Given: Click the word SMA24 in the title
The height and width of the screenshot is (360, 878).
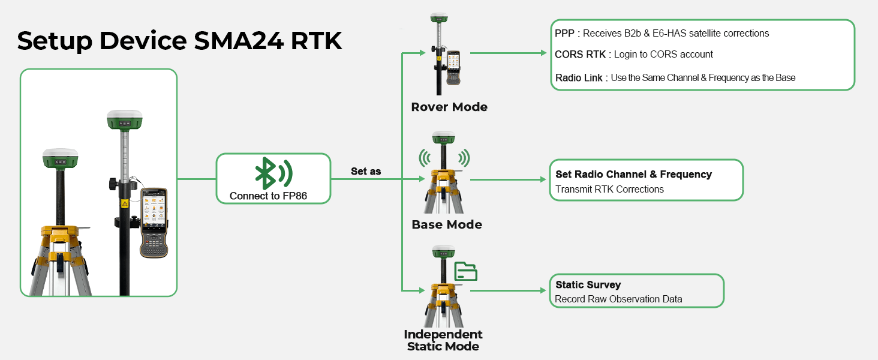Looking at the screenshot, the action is (x=238, y=41).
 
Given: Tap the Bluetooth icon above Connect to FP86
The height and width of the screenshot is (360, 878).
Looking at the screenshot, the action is (x=273, y=173).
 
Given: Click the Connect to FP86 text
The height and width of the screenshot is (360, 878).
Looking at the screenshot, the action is (x=268, y=196).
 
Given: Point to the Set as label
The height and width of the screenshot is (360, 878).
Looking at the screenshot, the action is (x=366, y=172).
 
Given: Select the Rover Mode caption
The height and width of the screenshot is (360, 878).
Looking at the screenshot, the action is (x=449, y=107).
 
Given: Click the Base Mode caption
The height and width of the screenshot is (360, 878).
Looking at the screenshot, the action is (x=447, y=224).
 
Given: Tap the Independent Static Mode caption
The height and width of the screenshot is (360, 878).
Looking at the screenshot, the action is (x=443, y=340).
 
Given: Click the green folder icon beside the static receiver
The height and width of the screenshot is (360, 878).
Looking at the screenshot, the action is (x=465, y=271).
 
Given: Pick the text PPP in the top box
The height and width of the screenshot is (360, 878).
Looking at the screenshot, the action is (x=564, y=34).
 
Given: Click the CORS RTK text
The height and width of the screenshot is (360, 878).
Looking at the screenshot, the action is (x=580, y=54).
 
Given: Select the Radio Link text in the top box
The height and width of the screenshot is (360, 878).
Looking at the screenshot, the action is (x=579, y=77).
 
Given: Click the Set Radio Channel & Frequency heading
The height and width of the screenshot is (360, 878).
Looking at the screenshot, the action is (x=633, y=174).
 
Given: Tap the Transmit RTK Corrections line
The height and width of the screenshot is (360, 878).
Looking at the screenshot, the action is (x=609, y=189).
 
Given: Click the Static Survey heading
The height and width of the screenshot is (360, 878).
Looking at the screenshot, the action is (x=588, y=285).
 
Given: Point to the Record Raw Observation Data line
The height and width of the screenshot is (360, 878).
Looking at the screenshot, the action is (x=618, y=299).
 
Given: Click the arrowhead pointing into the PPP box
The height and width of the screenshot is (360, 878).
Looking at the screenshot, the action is (x=543, y=53).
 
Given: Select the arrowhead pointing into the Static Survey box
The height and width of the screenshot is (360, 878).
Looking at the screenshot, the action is (x=543, y=290).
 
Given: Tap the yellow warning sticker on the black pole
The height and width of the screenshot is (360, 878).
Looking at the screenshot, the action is (x=125, y=203).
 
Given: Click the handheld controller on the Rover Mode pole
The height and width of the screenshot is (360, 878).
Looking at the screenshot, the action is (x=453, y=67).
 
